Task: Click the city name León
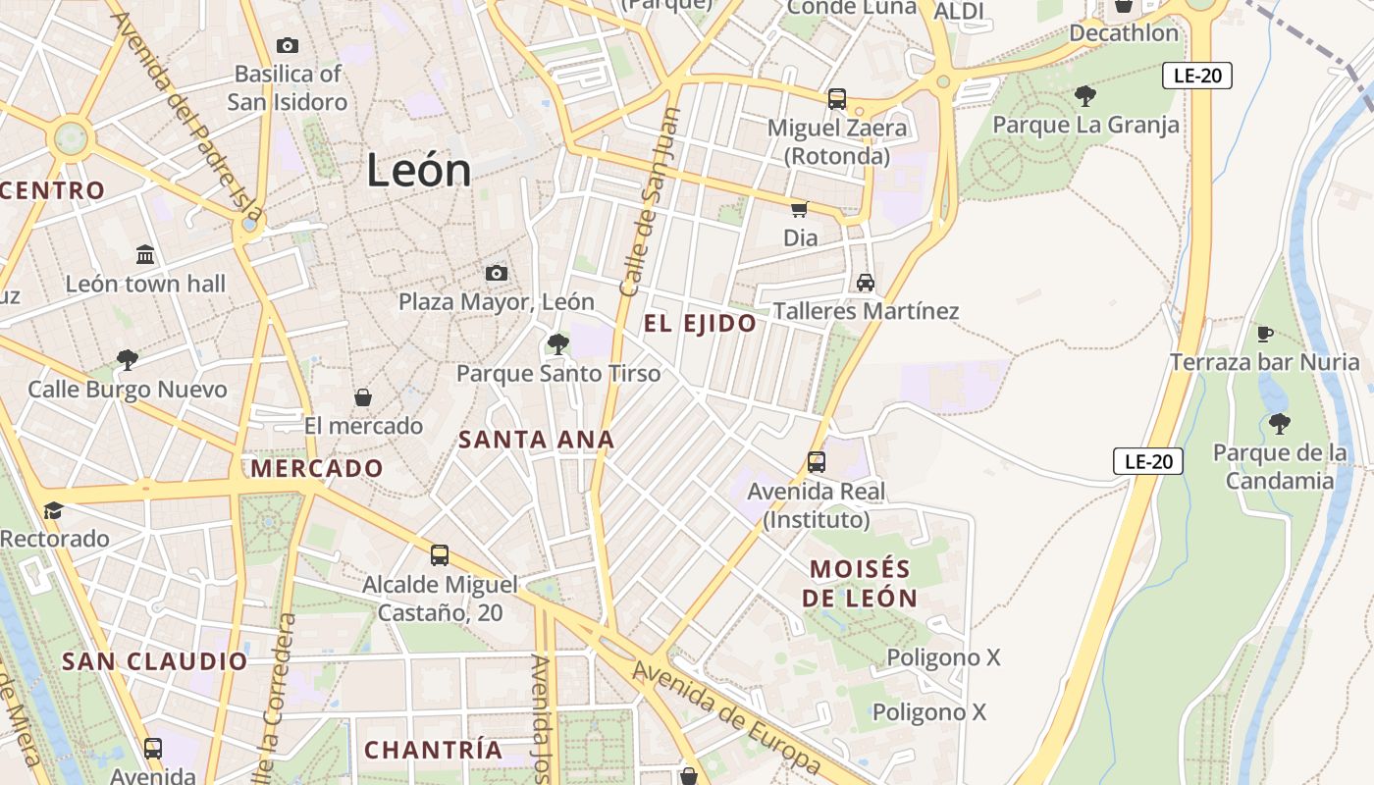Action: (x=419, y=171)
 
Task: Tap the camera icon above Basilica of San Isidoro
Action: (x=288, y=45)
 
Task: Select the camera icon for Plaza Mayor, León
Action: (x=497, y=273)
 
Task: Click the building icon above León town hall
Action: (x=146, y=255)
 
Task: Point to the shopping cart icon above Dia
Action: (x=800, y=209)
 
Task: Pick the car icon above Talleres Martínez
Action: (x=865, y=283)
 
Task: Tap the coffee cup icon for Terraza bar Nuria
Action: (x=1265, y=334)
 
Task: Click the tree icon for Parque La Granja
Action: (x=1085, y=96)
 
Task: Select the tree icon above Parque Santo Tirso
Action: (x=558, y=344)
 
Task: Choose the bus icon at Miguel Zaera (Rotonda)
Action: (x=836, y=99)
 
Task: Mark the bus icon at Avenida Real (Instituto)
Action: (x=816, y=462)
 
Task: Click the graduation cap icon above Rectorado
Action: (x=54, y=510)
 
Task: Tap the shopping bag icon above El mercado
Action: (x=363, y=397)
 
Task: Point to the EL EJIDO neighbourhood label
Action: (x=700, y=324)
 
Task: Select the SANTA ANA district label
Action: (x=536, y=441)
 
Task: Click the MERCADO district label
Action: (x=316, y=468)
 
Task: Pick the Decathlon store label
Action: (x=1124, y=33)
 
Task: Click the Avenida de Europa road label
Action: (x=726, y=716)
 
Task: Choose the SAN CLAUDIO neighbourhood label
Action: (x=155, y=661)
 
